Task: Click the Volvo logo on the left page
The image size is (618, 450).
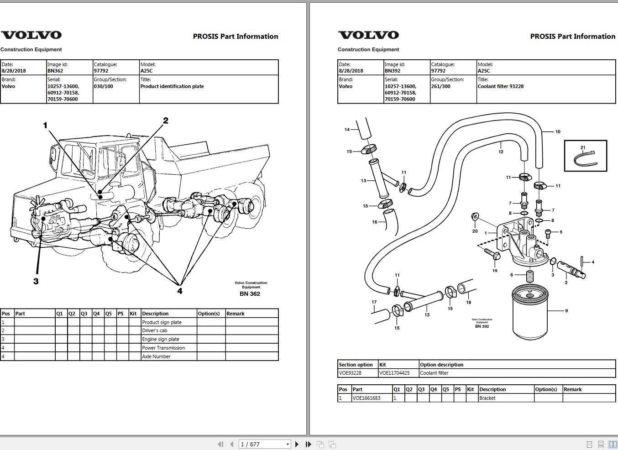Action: click(x=31, y=35)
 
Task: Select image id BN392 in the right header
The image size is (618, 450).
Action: click(x=393, y=71)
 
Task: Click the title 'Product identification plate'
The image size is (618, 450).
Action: click(x=172, y=86)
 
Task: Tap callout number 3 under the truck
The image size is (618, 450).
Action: click(x=36, y=281)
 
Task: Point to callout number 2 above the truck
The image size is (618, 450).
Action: click(x=166, y=120)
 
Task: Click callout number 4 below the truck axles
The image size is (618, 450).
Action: click(x=180, y=291)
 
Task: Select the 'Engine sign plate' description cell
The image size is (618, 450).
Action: click(x=161, y=339)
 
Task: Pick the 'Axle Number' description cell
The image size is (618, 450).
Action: click(x=156, y=356)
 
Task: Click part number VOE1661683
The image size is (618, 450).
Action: click(x=366, y=398)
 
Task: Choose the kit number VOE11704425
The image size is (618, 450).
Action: click(x=394, y=373)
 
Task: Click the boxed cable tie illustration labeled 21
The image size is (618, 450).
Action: click(x=585, y=156)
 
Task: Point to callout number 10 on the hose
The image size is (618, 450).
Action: click(x=558, y=132)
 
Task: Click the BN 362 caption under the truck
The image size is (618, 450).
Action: click(x=250, y=294)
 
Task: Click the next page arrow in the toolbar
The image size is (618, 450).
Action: click(x=297, y=444)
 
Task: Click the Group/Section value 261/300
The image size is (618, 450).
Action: click(x=440, y=86)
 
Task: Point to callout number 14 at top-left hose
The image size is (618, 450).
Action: click(x=347, y=130)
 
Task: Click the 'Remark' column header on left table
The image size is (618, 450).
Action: click(x=236, y=314)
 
